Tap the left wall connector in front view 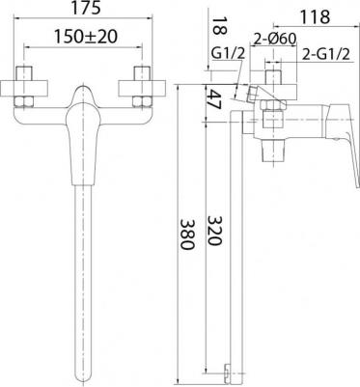tap(26, 86)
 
